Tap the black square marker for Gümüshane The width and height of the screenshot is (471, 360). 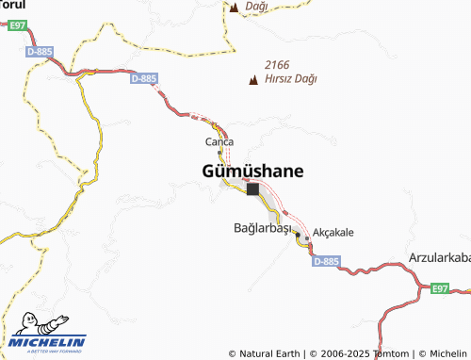(252, 188)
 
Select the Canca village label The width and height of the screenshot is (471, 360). (219, 141)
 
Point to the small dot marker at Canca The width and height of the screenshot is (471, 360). (219, 152)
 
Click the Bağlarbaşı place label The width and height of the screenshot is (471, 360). (263, 228)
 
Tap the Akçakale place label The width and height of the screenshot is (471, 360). (333, 232)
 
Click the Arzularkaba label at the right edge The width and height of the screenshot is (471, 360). (440, 256)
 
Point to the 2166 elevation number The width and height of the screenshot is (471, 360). (278, 64)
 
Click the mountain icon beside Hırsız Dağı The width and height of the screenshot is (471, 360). (252, 80)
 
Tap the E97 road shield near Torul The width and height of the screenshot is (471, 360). (14, 26)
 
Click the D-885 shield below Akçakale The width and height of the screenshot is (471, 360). (322, 261)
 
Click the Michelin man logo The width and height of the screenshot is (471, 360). (26, 323)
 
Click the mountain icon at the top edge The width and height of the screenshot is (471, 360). (234, 8)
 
